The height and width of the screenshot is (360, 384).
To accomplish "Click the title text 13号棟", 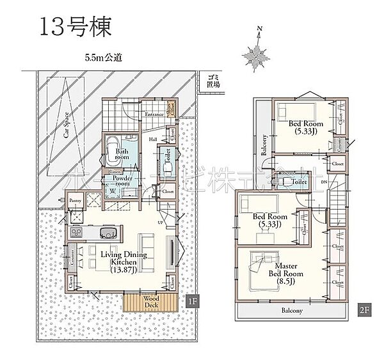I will click(x=76, y=26).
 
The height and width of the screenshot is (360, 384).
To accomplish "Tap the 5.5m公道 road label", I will click(x=103, y=57).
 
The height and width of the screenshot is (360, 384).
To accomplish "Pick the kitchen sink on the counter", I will click(x=108, y=231).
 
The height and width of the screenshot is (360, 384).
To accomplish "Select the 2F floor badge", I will click(x=362, y=310).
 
